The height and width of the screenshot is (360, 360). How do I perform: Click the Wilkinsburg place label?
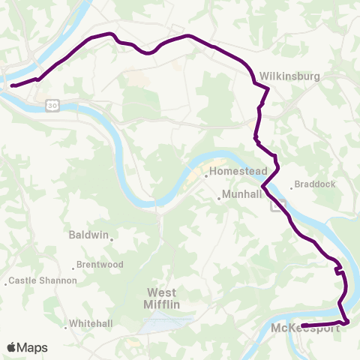point(290,76)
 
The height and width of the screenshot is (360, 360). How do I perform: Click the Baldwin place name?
point(88,235)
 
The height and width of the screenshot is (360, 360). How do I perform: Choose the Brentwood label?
point(101,265)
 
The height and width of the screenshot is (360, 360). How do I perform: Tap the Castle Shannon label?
point(43,280)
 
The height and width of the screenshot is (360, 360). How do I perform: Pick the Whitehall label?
point(90,324)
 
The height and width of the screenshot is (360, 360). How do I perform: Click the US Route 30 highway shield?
point(49,103)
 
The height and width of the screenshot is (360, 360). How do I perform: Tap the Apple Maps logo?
point(26,347)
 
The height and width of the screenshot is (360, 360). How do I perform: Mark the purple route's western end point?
point(13,85)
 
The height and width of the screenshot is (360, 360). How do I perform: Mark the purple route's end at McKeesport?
point(304,325)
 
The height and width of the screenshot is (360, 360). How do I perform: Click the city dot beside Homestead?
point(206,176)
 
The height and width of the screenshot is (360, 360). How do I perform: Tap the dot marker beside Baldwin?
point(112,239)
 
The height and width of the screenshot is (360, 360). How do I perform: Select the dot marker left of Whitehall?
point(67,324)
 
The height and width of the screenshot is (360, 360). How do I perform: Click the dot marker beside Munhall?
point(219,198)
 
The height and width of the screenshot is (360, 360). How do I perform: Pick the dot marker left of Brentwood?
point(74,266)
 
